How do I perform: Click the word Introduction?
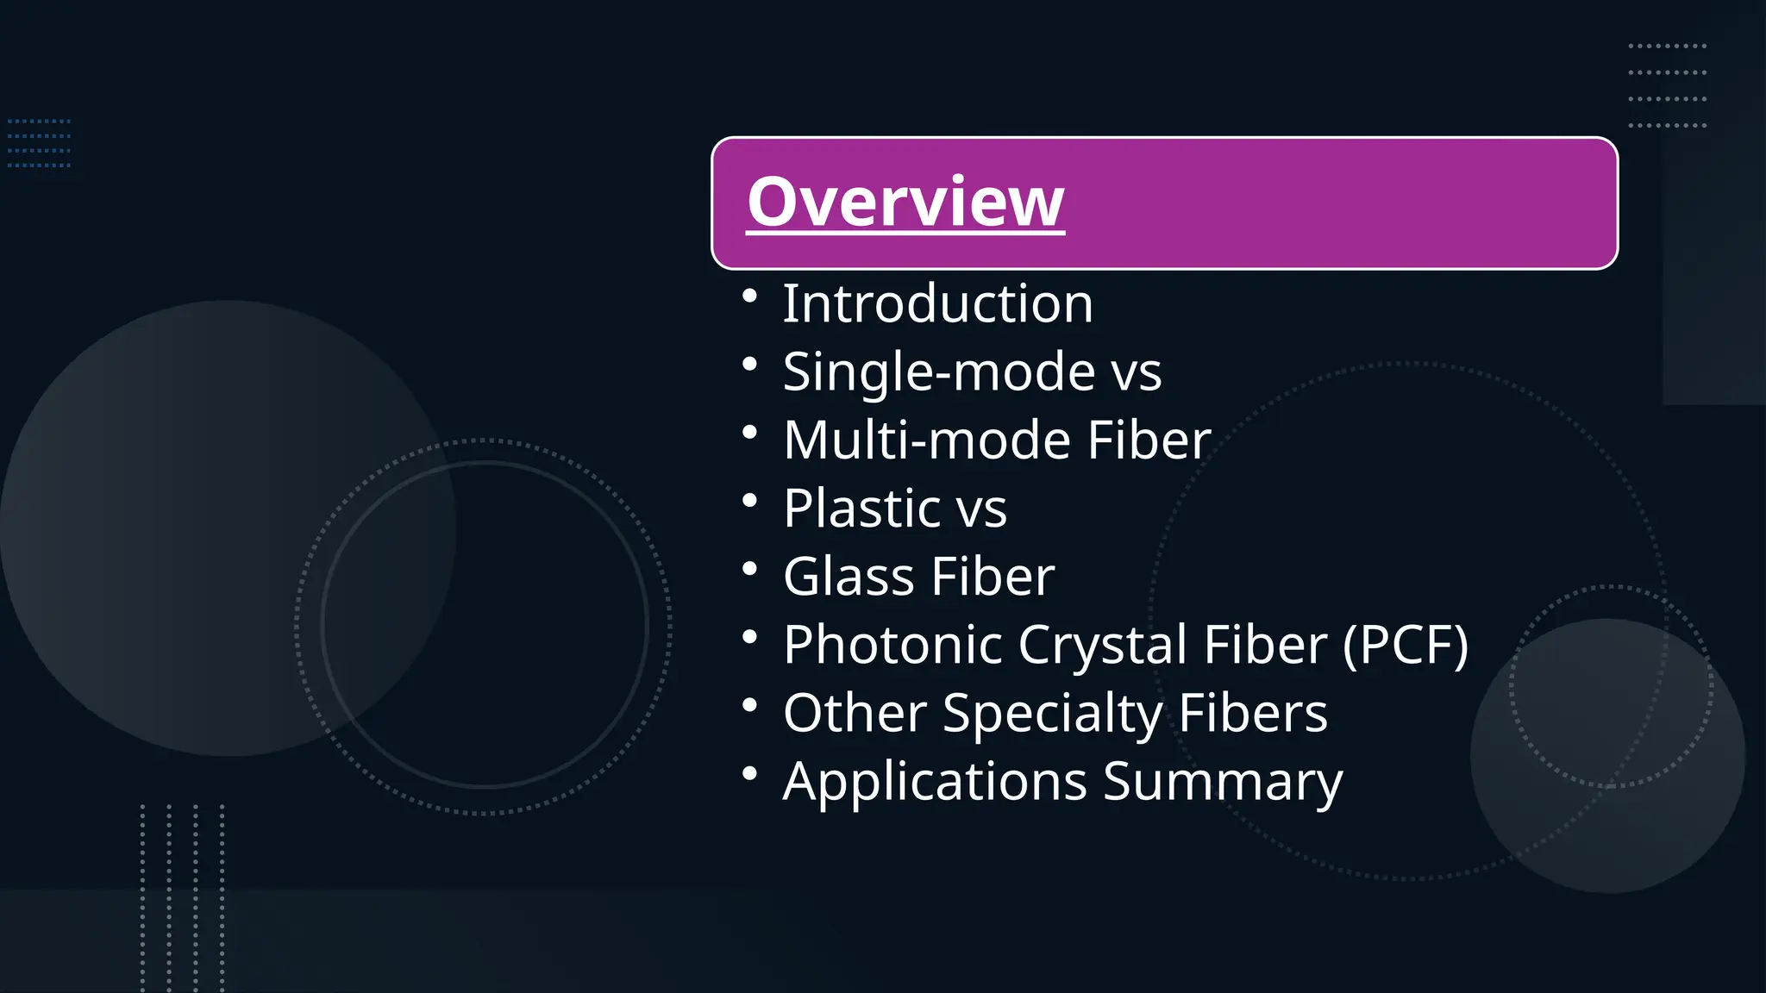[937, 303]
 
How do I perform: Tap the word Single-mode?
[939, 372]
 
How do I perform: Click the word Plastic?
[861, 508]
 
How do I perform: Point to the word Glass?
[849, 576]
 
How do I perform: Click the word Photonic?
[893, 645]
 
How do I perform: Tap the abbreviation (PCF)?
[1406, 645]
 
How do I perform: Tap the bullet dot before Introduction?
[749, 297]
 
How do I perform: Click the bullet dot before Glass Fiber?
[749, 569]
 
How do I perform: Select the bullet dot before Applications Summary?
[749, 773]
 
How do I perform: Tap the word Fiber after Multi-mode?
[1149, 440]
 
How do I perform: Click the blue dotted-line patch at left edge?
[39, 143]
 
